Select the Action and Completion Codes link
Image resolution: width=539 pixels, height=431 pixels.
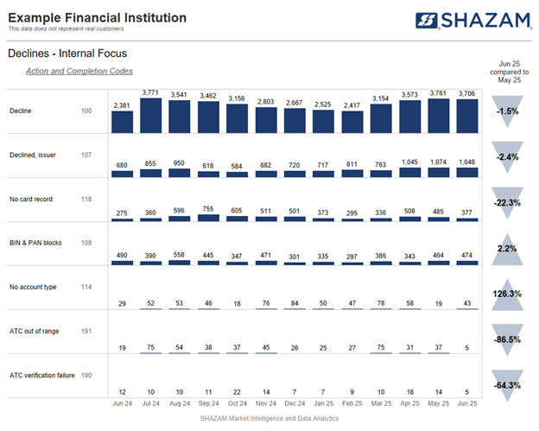coord(79,71)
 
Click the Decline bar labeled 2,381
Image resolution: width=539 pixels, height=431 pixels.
coord(122,122)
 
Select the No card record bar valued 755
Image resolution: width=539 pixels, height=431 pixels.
coord(208,218)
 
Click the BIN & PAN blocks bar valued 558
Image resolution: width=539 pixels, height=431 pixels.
coord(180,262)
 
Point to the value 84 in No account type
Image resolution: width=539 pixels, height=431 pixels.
coord(295,302)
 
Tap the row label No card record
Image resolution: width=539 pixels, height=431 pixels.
coord(31,200)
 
